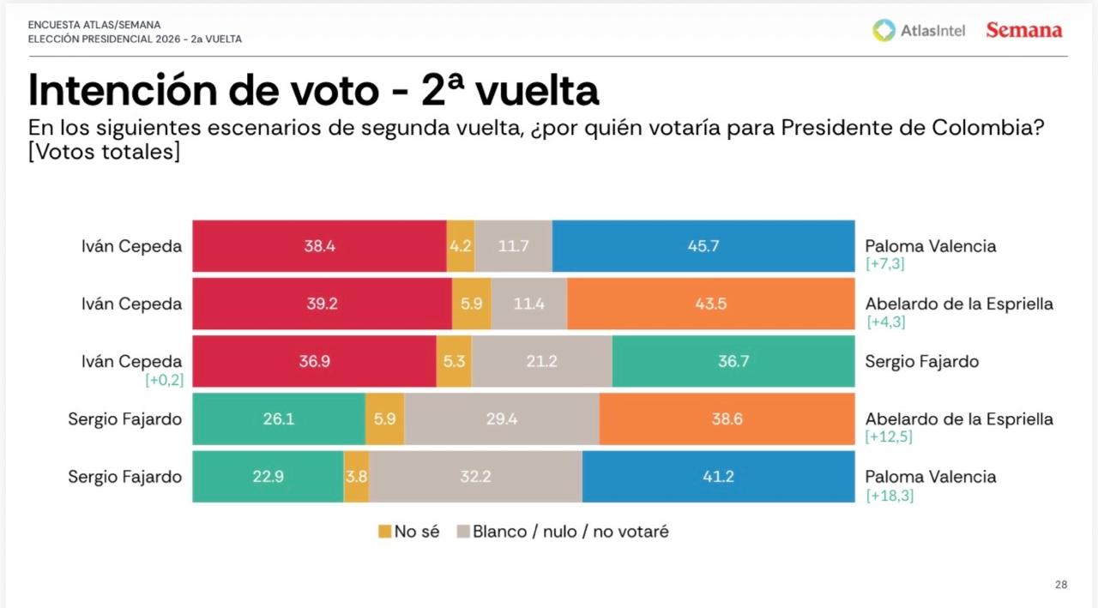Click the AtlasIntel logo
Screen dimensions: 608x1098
point(919,31)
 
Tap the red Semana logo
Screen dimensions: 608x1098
point(1024,31)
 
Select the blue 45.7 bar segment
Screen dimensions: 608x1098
point(703,246)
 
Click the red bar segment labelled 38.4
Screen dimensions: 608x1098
point(319,246)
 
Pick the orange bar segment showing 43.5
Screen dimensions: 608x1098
point(711,304)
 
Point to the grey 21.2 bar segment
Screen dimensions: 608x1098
point(542,361)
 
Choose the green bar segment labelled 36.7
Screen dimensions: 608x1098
point(733,361)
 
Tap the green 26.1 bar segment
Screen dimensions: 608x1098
point(279,419)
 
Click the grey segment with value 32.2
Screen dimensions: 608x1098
point(475,477)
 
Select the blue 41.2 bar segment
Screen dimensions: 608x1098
point(718,477)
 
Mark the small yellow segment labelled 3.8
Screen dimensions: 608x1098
point(356,477)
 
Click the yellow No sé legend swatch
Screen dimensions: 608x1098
point(384,532)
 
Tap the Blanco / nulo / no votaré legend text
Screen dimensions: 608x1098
point(570,532)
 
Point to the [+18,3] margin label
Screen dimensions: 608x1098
point(890,496)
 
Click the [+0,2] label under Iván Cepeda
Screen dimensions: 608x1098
point(163,380)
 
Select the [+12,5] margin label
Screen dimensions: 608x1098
point(890,438)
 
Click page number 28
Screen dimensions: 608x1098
point(1061,585)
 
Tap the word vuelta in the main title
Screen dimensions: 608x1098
point(537,90)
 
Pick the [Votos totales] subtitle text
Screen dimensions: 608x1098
point(104,152)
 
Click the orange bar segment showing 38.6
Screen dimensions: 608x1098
point(727,419)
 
